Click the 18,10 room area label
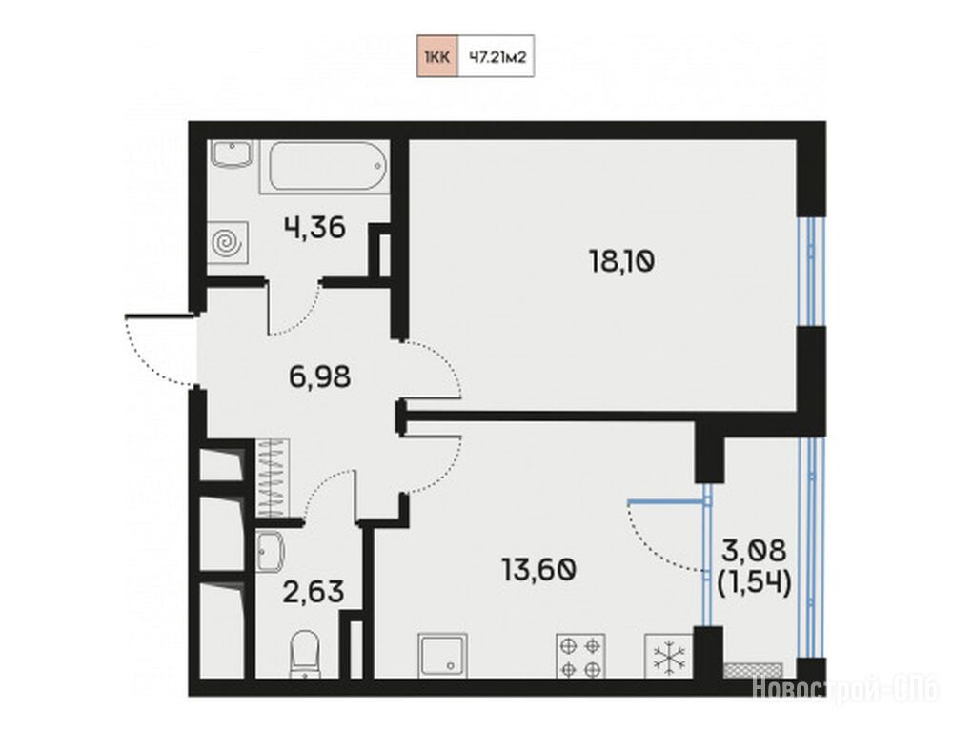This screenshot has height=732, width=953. [621, 262]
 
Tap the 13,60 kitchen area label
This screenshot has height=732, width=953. [538, 570]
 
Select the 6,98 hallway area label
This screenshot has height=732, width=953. [319, 376]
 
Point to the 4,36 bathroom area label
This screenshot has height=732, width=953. [314, 228]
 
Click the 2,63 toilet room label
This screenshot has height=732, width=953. [314, 592]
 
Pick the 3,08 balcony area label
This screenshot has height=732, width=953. [754, 551]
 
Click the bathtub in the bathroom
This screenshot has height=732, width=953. [325, 167]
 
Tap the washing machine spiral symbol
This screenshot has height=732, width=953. [228, 243]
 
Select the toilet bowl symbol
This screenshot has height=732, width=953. [305, 655]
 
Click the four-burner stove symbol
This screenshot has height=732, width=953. [580, 656]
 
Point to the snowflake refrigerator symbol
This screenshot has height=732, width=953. [669, 656]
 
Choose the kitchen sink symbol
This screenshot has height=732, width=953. [442, 656]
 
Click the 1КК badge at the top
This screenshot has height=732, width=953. [437, 56]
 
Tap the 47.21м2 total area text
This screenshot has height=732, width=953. [497, 57]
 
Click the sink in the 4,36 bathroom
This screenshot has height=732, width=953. [232, 153]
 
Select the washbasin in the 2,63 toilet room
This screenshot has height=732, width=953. [271, 552]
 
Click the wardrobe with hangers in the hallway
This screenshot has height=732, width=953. [273, 478]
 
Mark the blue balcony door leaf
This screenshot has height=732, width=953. [669, 501]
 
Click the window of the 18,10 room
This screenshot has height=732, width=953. [811, 272]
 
